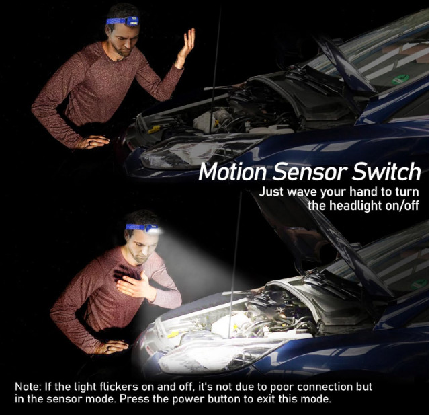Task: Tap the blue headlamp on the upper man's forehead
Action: pos(132,21)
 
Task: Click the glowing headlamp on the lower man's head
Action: pos(154,229)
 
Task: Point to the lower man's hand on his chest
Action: pos(134,285)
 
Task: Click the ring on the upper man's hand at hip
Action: pos(90,143)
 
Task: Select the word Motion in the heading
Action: pos(232,172)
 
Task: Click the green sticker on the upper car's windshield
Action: pos(400,79)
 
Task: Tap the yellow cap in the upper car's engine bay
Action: pos(154,129)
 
